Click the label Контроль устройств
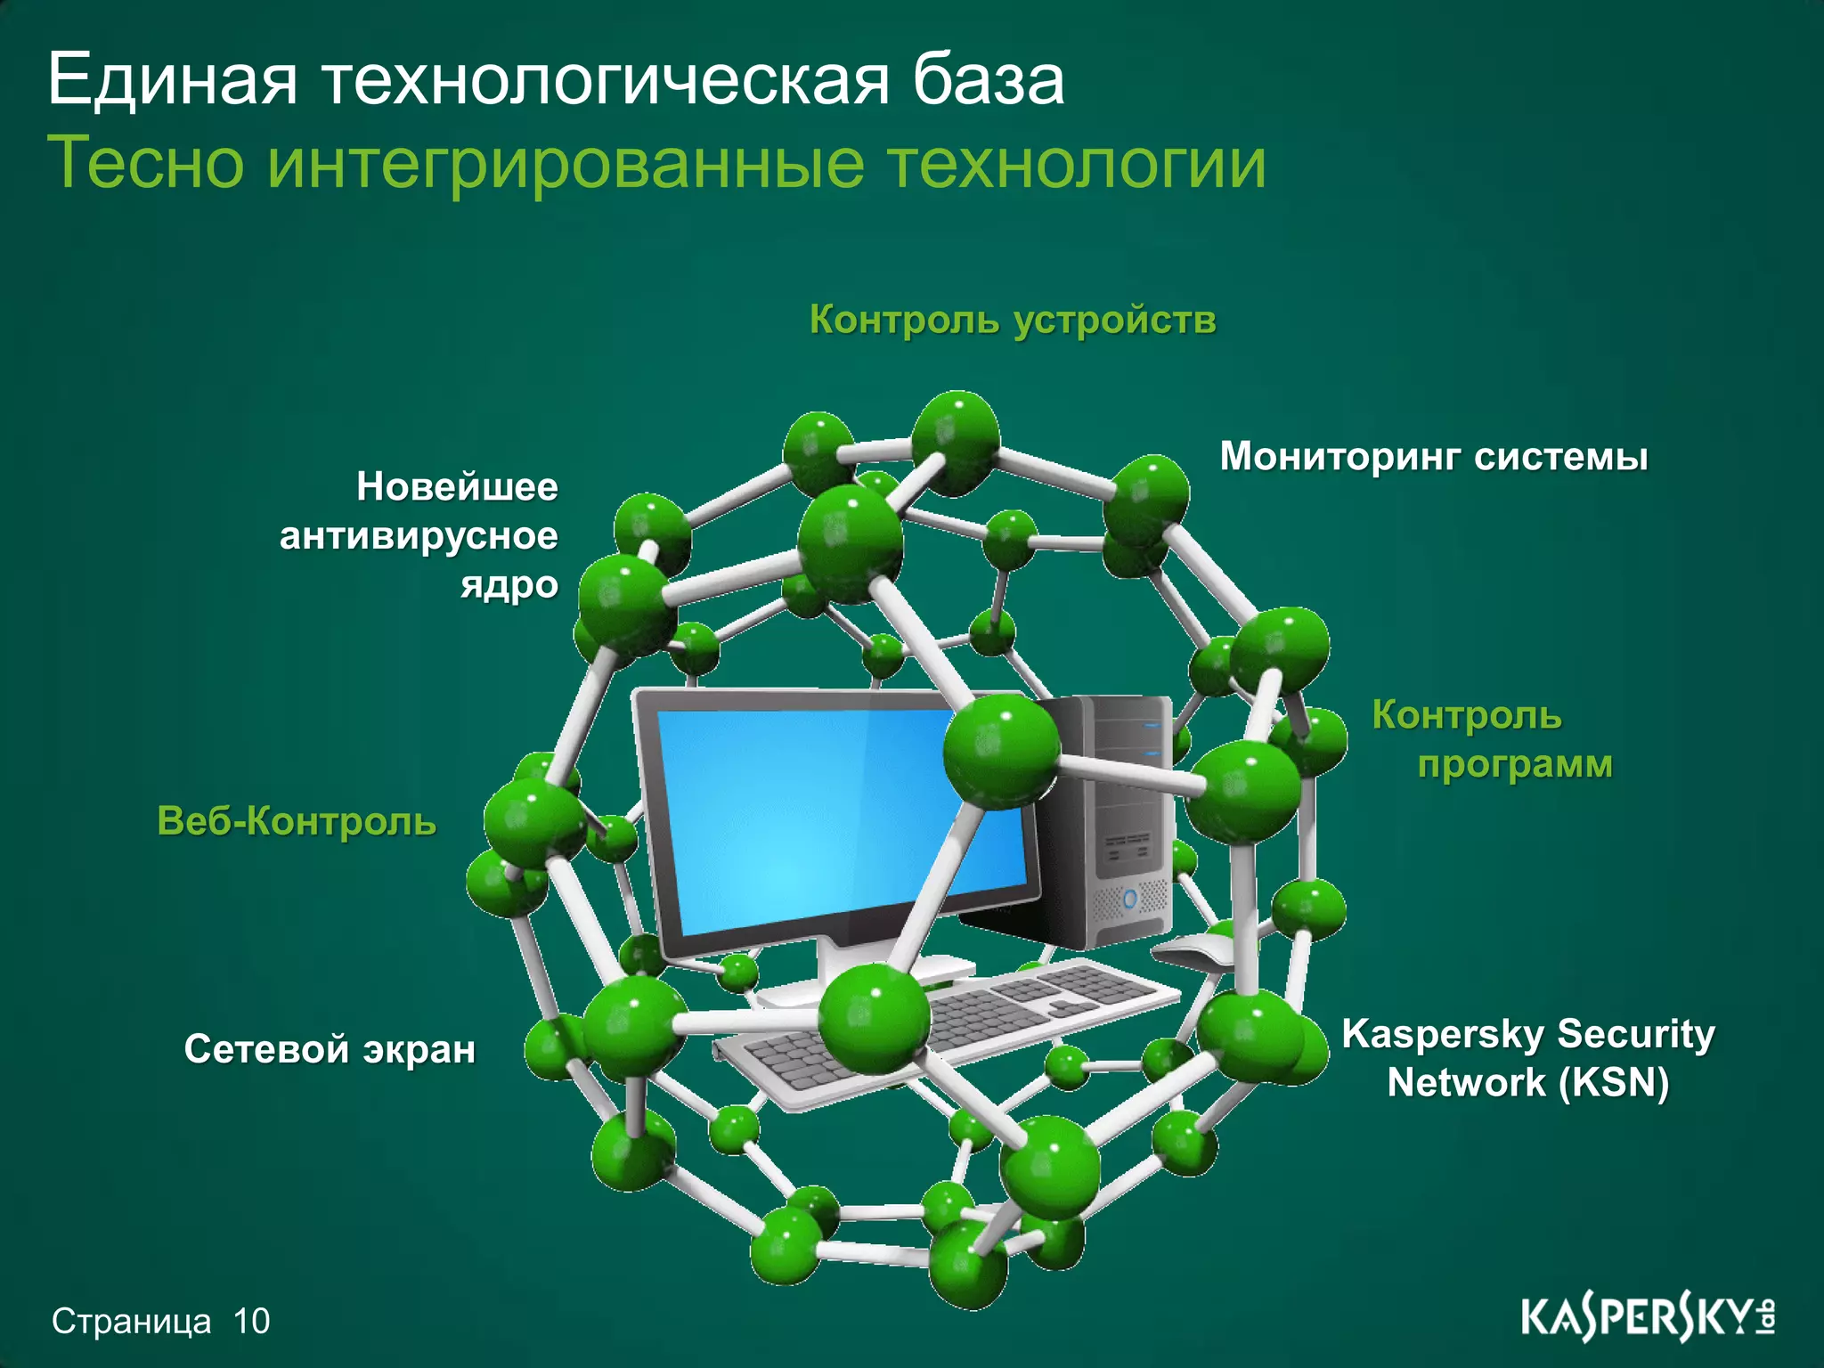(1013, 320)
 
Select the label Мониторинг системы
(1434, 457)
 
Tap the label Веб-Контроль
(297, 820)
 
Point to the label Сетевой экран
(330, 1049)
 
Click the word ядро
(509, 586)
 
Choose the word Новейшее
(457, 487)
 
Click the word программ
(1514, 765)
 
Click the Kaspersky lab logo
(1647, 1318)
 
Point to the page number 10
(251, 1322)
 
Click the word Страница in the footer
(132, 1322)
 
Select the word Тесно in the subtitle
(145, 163)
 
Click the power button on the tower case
(1130, 897)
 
